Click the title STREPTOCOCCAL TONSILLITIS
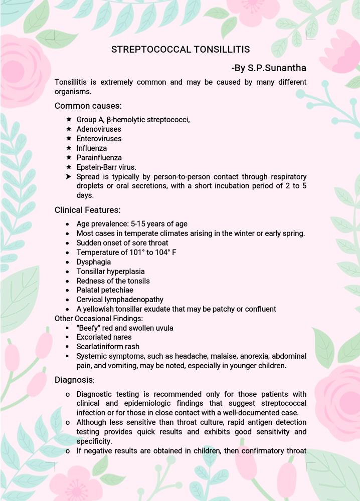point(180,50)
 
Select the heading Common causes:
point(88,106)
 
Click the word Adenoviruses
point(99,129)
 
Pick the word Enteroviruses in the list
point(99,139)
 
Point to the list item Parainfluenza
point(99,158)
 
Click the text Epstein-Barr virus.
point(106,167)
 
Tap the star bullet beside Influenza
point(69,148)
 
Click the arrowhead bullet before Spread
point(69,177)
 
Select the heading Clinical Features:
point(88,210)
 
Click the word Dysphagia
point(94,262)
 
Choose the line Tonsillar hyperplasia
point(110,272)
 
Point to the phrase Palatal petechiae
point(105,290)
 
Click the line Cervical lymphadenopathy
point(120,300)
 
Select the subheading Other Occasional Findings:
point(99,319)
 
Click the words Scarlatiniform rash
point(108,347)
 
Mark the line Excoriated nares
point(104,337)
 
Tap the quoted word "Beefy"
point(88,328)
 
